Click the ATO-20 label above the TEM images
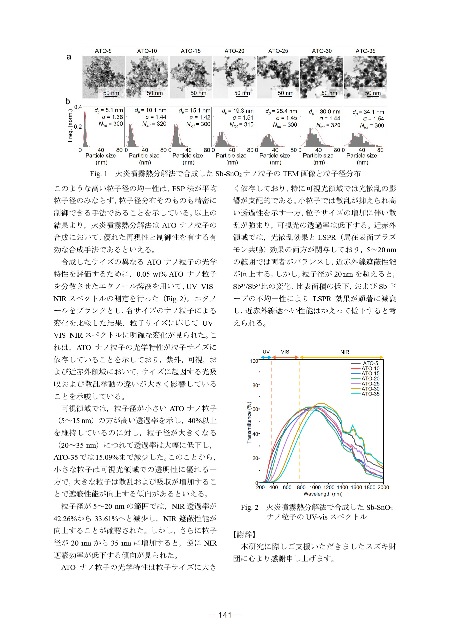click(x=234, y=51)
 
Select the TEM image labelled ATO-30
click(x=321, y=77)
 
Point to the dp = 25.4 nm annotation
click(x=281, y=111)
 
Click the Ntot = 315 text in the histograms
click(x=241, y=125)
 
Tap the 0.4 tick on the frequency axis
click(x=78, y=107)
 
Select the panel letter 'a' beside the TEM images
click(x=69, y=57)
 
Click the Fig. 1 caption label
click(x=98, y=174)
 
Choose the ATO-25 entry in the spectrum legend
click(x=370, y=384)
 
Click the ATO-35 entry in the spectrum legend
click(x=370, y=394)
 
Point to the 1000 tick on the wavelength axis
click(x=315, y=488)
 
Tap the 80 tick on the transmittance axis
click(x=255, y=385)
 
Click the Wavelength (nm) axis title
click(x=323, y=494)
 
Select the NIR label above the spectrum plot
click(x=344, y=352)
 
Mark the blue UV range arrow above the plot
click(x=266, y=357)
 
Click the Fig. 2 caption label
click(x=249, y=508)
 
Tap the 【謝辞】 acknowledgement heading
click(x=244, y=535)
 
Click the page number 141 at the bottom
click(x=225, y=615)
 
